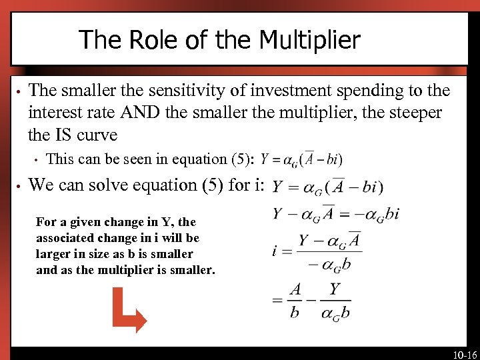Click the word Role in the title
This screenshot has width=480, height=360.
click(153, 40)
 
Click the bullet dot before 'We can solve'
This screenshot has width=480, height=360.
click(21, 186)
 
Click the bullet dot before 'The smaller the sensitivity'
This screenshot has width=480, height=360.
click(21, 91)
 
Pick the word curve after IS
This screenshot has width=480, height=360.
click(97, 135)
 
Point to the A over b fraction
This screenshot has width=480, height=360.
click(295, 301)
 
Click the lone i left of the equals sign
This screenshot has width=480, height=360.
click(275, 251)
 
